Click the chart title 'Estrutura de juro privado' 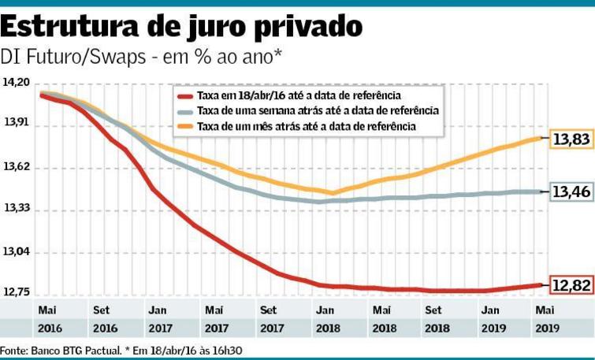point(182,26)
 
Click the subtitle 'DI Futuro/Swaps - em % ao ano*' point(142,57)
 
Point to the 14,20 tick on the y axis point(17,83)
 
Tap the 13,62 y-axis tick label point(17,167)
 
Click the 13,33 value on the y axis point(17,209)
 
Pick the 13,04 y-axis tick point(17,252)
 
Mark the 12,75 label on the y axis point(17,293)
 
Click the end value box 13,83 point(571,139)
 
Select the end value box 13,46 point(571,191)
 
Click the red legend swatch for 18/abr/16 point(186,96)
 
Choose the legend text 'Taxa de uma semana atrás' point(317,111)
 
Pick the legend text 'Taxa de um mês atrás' point(306,126)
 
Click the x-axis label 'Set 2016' point(101,318)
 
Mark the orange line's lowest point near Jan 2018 point(332,193)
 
